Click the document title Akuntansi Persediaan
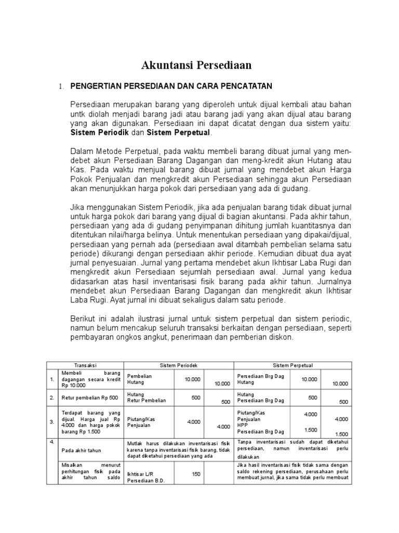coord(197,65)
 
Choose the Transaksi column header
coord(85,366)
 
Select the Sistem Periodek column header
coord(179,366)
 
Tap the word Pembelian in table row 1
coord(140,375)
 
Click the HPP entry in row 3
coord(242,425)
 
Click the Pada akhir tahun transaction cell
coord(81,450)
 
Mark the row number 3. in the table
coord(52,422)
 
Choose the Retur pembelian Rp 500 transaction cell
coord(86,398)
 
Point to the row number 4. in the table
coord(52,442)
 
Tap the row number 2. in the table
coord(52,398)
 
